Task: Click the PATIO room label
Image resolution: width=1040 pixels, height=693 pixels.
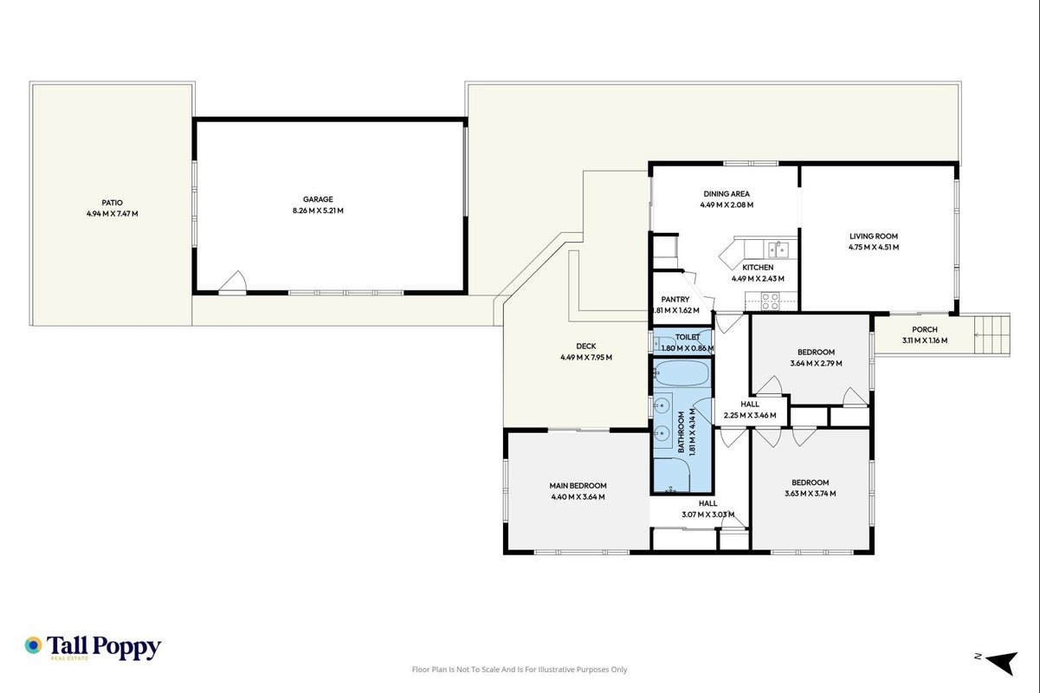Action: click(112, 203)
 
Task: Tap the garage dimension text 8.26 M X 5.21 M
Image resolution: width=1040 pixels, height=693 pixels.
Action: click(318, 210)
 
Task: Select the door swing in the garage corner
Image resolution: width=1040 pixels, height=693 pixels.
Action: click(232, 282)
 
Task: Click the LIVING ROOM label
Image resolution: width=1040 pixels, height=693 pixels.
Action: click(874, 236)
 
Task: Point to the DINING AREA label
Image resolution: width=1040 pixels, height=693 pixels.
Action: click(727, 194)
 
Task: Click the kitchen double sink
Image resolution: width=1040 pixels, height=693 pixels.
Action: click(778, 249)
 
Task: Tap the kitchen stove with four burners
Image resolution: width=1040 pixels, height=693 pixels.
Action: click(770, 301)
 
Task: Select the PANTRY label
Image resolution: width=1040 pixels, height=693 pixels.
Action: click(675, 299)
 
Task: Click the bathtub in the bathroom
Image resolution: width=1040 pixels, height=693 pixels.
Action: click(682, 373)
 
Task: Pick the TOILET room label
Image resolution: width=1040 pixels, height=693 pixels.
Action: click(688, 337)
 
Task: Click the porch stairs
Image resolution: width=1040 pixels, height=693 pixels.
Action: click(992, 335)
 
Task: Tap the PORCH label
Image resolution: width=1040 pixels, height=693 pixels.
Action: click(924, 329)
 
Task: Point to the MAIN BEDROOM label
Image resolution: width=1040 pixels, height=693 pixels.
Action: click(578, 485)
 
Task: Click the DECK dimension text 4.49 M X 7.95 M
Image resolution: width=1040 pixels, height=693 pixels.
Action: click(586, 357)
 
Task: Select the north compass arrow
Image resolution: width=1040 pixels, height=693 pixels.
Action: click(1002, 662)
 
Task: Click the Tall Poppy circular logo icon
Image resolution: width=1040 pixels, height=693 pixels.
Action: click(33, 645)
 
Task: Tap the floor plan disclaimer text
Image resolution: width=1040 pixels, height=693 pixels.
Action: click(520, 670)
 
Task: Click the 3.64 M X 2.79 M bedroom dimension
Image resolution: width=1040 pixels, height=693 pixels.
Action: click(816, 363)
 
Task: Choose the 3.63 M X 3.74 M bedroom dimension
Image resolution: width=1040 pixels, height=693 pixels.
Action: click(811, 493)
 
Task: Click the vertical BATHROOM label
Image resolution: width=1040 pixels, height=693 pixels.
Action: click(681, 432)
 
